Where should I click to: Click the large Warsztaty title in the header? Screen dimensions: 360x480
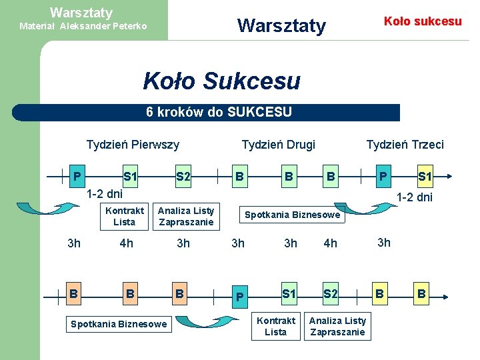(x=281, y=26)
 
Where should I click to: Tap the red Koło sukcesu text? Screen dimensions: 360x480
(x=423, y=21)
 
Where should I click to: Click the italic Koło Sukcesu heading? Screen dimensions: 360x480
(x=221, y=81)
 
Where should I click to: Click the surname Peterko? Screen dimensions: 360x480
(x=125, y=27)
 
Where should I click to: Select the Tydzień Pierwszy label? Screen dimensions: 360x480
(x=133, y=144)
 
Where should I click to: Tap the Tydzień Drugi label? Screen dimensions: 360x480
(x=278, y=144)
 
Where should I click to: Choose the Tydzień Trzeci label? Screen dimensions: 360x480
(x=405, y=144)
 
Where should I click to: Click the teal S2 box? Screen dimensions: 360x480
(x=183, y=177)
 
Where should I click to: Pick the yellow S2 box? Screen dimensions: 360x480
(x=330, y=293)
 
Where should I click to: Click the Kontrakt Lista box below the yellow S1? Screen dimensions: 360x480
(x=275, y=326)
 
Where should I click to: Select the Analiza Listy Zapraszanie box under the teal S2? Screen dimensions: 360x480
(x=337, y=326)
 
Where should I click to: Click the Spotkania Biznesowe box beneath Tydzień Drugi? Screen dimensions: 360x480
(x=292, y=215)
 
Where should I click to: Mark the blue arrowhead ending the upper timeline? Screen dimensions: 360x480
(x=448, y=177)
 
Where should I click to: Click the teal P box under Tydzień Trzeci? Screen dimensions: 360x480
(x=382, y=177)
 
